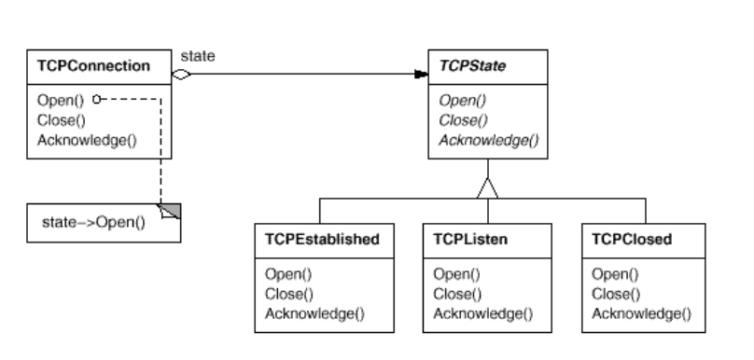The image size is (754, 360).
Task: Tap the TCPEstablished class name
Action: coord(315,239)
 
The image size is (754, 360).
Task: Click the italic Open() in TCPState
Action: coord(454,100)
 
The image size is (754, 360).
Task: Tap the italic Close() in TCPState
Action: coord(456,119)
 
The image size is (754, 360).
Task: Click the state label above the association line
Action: coord(197,56)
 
